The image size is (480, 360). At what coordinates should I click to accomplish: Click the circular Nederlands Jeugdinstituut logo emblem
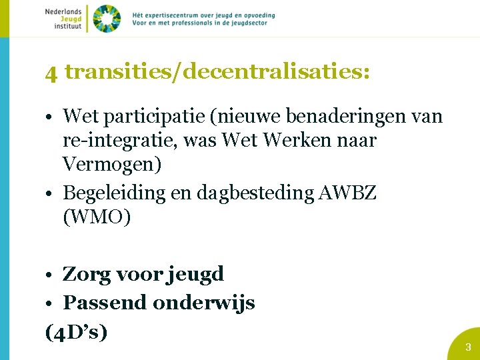click(107, 18)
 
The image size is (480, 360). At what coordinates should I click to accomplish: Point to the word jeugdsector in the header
click(246, 23)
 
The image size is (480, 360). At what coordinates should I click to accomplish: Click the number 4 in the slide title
click(51, 73)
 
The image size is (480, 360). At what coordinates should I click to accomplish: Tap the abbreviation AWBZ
click(349, 193)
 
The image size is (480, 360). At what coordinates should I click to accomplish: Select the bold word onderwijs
click(204, 303)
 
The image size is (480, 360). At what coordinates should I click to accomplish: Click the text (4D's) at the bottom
click(76, 331)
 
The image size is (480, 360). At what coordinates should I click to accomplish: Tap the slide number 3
click(468, 347)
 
